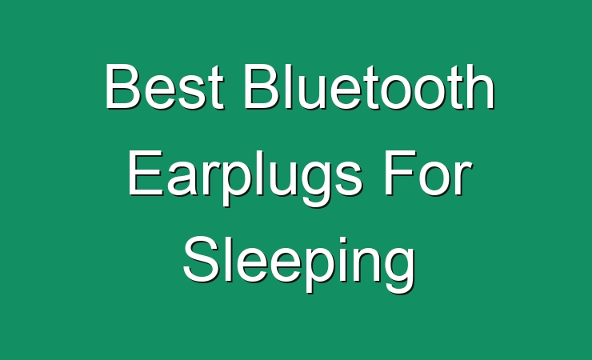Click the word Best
(165, 86)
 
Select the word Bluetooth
(370, 86)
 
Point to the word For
(429, 173)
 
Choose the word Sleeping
(299, 264)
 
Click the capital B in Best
(122, 86)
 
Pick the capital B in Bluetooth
(262, 86)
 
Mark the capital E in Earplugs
(146, 173)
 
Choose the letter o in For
(436, 179)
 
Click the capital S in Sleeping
(201, 259)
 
